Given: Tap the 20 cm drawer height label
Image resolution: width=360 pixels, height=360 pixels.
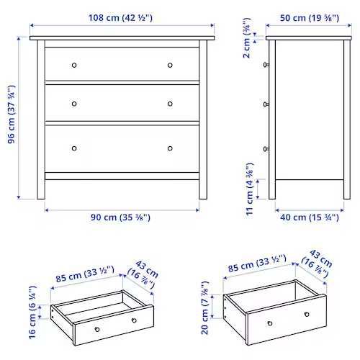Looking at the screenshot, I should pyautogui.click(x=206, y=309).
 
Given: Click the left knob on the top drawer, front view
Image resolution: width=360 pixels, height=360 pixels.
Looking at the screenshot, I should pyautogui.click(x=73, y=65).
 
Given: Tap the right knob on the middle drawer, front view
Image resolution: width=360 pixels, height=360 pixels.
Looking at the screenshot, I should pyautogui.click(x=171, y=103).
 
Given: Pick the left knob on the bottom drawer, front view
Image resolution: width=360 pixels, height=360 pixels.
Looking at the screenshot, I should pyautogui.click(x=73, y=149).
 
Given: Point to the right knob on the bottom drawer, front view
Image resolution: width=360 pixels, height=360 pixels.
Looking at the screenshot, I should pyautogui.click(x=171, y=149).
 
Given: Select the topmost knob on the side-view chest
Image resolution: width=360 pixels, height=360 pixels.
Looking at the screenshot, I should pyautogui.click(x=267, y=65).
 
